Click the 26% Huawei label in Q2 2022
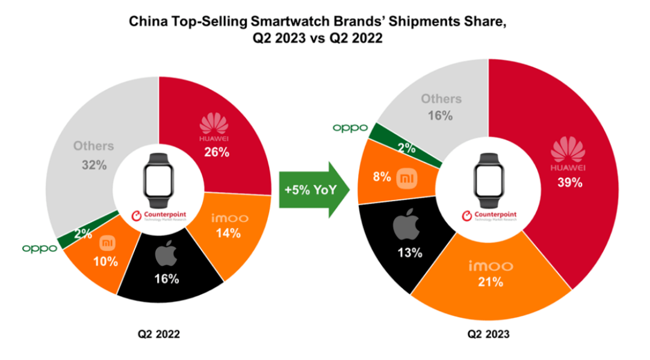click(216, 152)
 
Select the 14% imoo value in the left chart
click(229, 232)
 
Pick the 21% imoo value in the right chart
click(490, 281)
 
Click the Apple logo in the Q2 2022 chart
click(166, 256)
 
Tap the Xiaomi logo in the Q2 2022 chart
click(106, 244)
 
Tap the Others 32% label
click(93, 155)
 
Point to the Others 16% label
click(441, 107)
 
